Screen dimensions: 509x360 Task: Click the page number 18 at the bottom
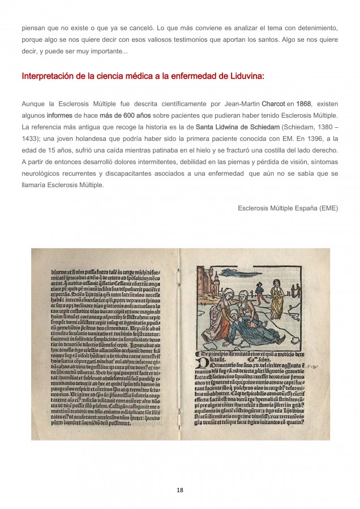[x=180, y=489]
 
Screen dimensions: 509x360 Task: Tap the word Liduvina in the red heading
[x=243, y=76]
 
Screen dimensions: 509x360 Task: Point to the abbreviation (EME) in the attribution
[x=327, y=208]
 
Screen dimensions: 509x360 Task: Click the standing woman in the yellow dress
[x=277, y=297]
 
